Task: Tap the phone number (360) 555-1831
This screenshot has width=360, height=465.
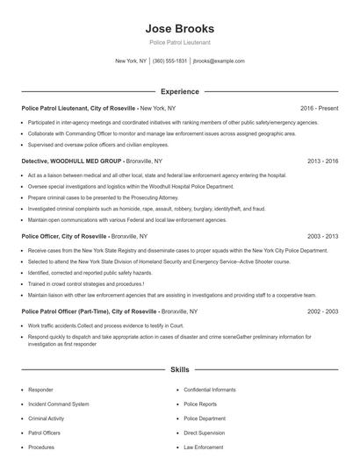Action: [169, 61]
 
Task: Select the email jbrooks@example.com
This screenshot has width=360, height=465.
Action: [219, 61]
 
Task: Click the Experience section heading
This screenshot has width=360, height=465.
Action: [179, 91]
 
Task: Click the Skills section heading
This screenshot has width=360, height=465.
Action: [179, 370]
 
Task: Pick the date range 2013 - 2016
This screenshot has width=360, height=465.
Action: [321, 161]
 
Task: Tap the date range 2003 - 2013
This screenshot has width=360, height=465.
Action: [321, 237]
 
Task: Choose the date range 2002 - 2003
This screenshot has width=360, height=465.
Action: [321, 311]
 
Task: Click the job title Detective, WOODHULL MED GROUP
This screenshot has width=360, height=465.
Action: [73, 161]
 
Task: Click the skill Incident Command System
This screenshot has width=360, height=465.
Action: [58, 404]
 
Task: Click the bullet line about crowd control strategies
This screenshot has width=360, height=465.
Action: [86, 284]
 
